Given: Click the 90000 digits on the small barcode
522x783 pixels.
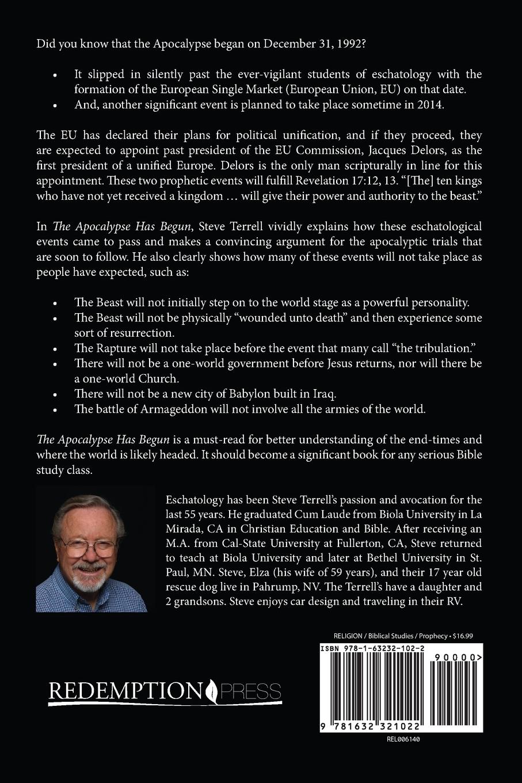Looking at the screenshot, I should (459, 657).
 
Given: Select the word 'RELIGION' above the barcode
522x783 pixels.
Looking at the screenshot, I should (348, 636).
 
